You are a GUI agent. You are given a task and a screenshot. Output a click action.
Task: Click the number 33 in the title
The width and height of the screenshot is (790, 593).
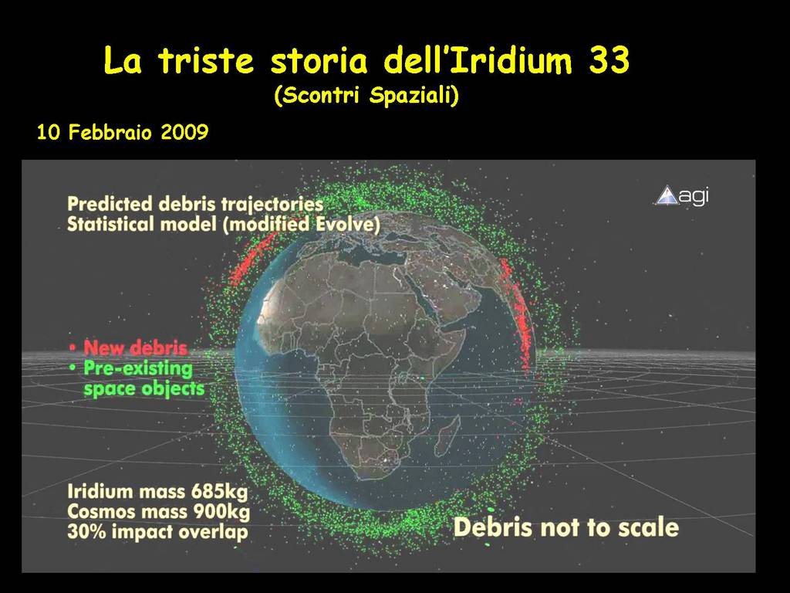click(x=609, y=60)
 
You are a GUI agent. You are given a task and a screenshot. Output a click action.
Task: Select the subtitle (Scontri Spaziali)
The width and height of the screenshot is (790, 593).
click(x=366, y=95)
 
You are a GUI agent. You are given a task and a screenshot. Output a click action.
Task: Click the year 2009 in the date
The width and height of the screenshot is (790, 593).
click(x=184, y=132)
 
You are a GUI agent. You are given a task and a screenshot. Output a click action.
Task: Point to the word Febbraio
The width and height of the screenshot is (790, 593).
click(x=110, y=132)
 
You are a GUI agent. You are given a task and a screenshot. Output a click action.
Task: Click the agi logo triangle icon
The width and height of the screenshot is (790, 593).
click(x=667, y=195)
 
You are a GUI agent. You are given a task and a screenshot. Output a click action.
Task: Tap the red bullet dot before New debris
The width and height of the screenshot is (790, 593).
click(x=73, y=347)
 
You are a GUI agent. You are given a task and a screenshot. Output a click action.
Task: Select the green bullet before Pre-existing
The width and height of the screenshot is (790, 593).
click(x=73, y=368)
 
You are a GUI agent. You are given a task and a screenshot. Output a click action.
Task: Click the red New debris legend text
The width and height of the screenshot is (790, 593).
click(x=136, y=347)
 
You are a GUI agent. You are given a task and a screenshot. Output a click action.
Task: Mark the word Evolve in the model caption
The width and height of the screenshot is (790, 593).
click(x=347, y=224)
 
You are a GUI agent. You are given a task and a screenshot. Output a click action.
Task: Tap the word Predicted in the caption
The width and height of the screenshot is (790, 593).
click(x=110, y=204)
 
